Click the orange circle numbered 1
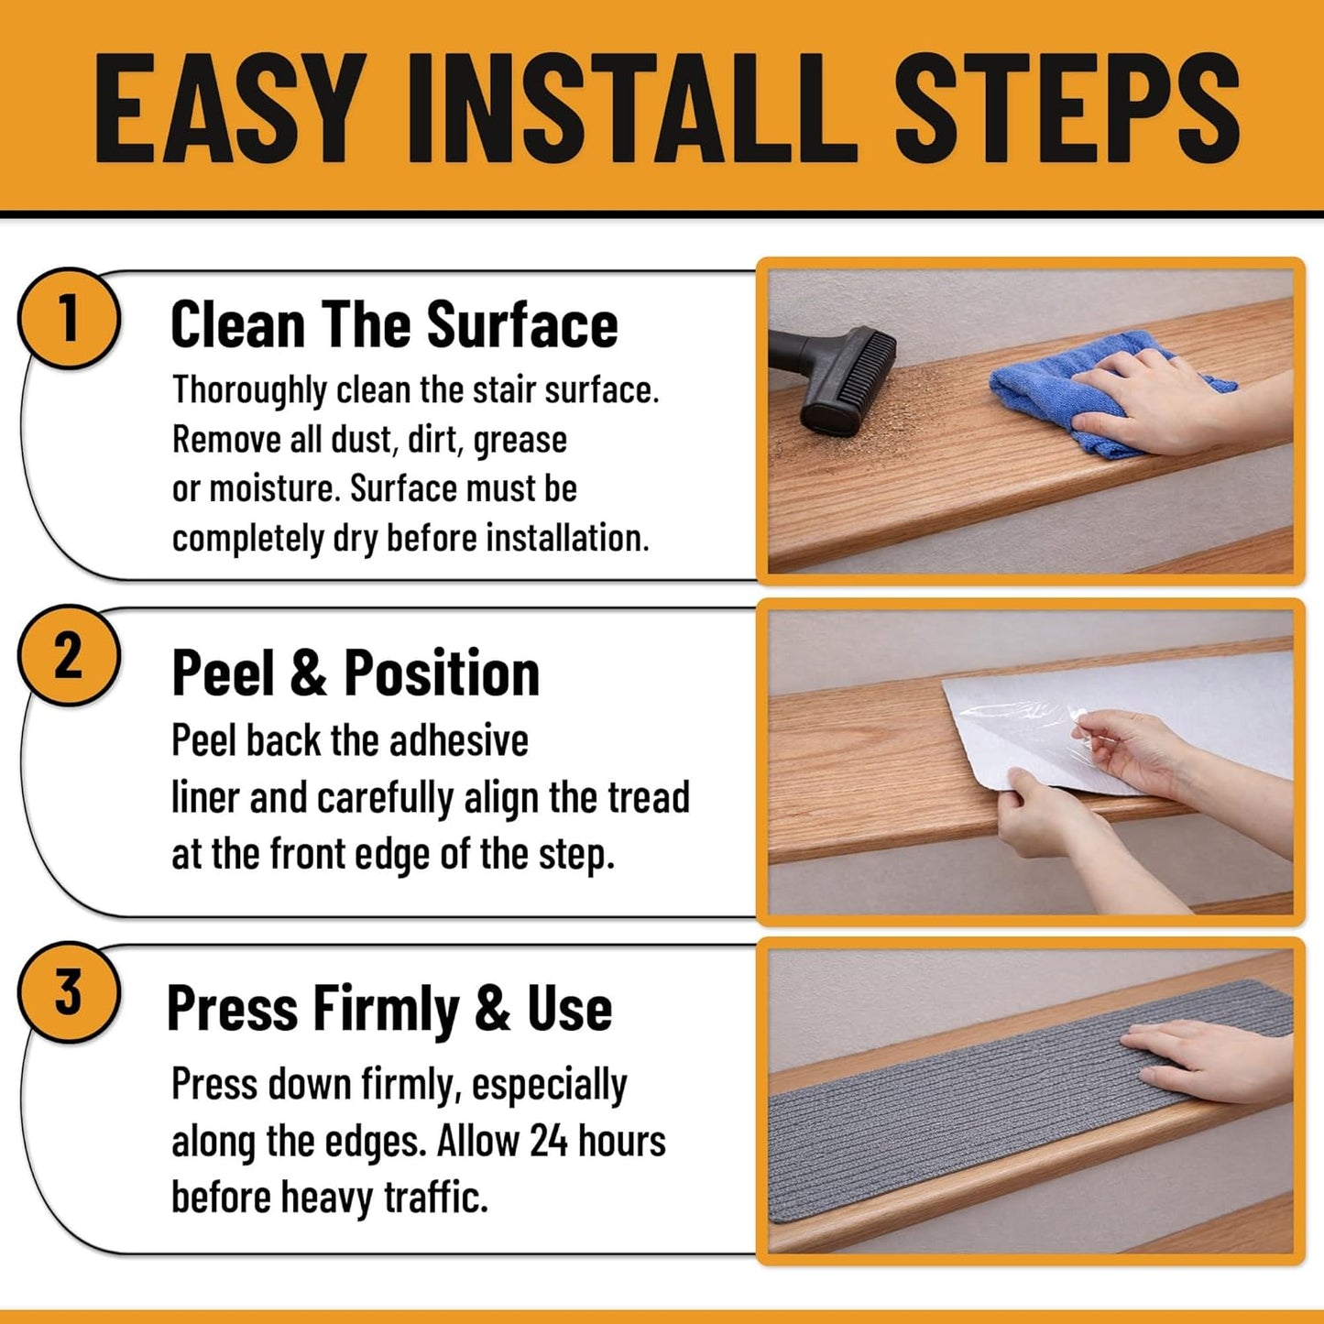pyautogui.click(x=69, y=318)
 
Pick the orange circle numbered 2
pyautogui.click(x=69, y=655)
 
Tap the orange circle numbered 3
pyautogui.click(x=69, y=991)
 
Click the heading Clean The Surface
pyautogui.click(x=394, y=324)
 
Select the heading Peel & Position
pyautogui.click(x=356, y=673)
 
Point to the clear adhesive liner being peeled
pyautogui.click(x=1031, y=732)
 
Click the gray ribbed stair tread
pyautogui.click(x=1031, y=1100)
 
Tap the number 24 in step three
pyautogui.click(x=549, y=1142)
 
